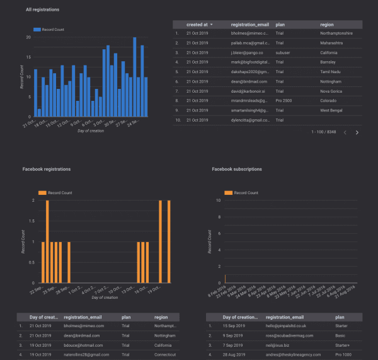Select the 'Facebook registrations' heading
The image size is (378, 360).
pyautogui.click(x=47, y=170)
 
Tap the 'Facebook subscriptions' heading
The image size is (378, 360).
pyautogui.click(x=237, y=170)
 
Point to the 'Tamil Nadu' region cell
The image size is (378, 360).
pyautogui.click(x=331, y=72)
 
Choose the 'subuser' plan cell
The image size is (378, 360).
pyautogui.click(x=283, y=53)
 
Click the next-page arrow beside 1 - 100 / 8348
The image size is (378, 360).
pyautogui.click(x=357, y=133)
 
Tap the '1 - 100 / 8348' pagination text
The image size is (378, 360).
pyautogui.click(x=324, y=133)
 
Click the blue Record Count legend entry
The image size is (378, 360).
pyautogui.click(x=49, y=30)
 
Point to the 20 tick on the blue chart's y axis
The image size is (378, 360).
pyautogui.click(x=28, y=38)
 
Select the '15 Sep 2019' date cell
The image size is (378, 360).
pyautogui.click(x=235, y=326)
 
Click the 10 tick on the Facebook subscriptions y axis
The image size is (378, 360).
pyautogui.click(x=218, y=200)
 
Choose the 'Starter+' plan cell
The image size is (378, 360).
pyautogui.click(x=345, y=346)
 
